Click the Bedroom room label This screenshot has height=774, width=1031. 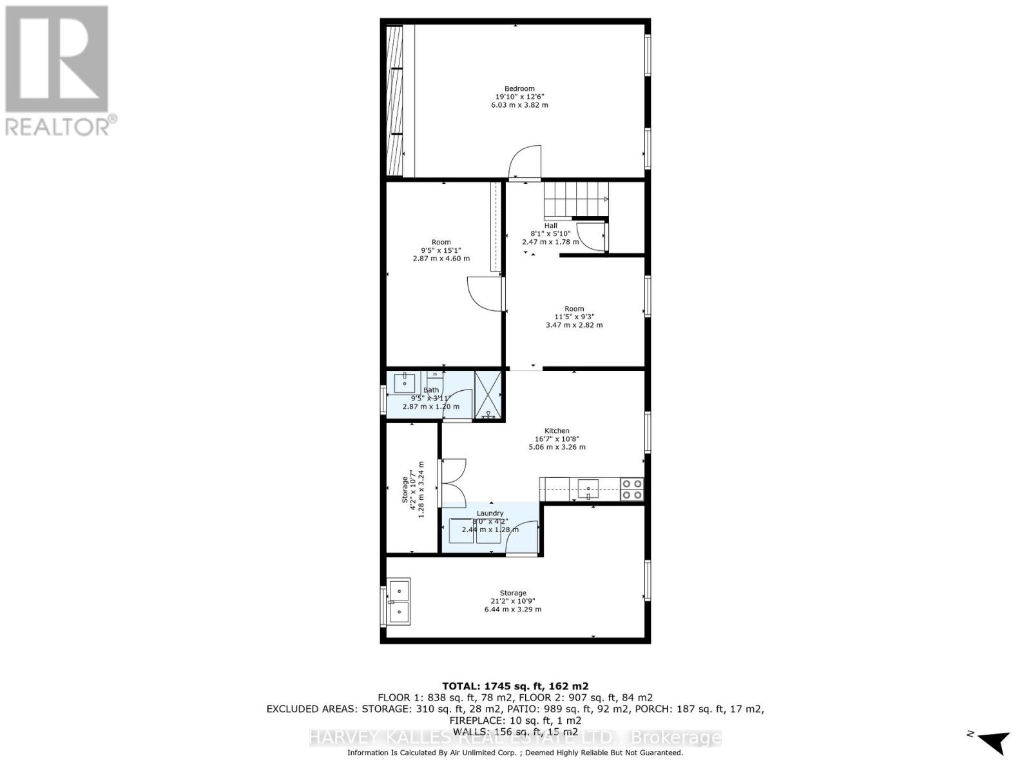519,89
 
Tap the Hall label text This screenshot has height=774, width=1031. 550,226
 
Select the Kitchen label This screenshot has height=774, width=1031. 557,431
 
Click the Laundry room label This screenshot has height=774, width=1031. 490,513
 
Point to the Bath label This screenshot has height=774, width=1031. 431,390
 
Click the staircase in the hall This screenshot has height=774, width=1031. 575,199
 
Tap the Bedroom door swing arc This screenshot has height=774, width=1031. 525,162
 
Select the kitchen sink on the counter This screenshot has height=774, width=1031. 588,488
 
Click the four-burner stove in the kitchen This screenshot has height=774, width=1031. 631,489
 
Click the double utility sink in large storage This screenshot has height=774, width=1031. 399,600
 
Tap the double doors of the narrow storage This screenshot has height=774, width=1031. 452,482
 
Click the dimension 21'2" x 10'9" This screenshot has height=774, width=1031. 513,601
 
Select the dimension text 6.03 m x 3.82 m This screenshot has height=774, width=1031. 519,104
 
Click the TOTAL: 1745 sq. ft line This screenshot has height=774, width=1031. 515,686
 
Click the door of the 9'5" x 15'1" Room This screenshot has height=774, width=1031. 485,294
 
